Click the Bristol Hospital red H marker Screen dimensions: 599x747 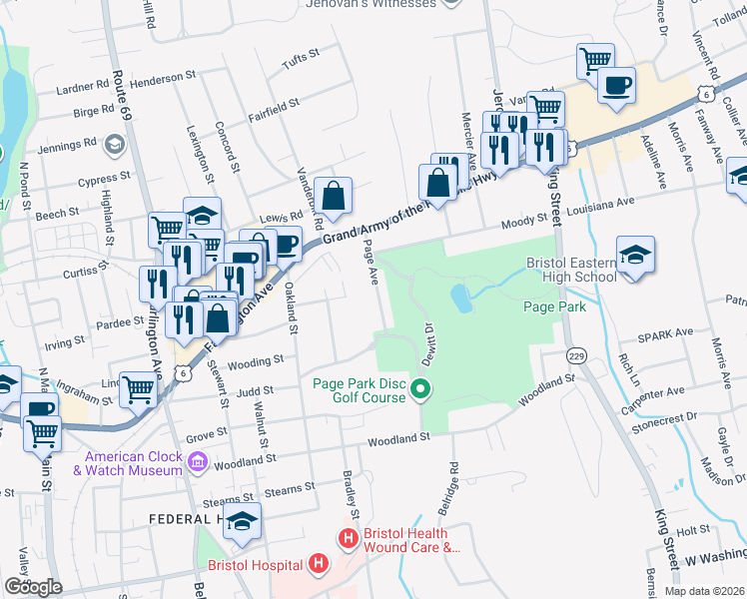pos(318,566)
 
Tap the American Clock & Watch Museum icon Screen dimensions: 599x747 pos(197,462)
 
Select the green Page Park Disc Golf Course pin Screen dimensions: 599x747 pos(421,389)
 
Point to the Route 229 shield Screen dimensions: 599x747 pos(575,354)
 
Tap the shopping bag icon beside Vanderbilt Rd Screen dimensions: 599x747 pos(333,195)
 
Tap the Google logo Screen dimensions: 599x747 pos(33,587)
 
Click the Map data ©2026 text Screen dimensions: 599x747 pos(703,591)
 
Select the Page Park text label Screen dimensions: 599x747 pos(554,306)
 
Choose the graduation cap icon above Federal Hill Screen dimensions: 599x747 pos(242,522)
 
